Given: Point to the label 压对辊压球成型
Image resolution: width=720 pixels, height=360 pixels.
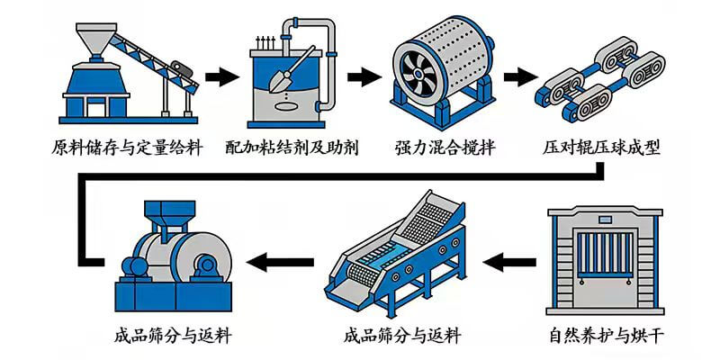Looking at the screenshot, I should coord(602,148).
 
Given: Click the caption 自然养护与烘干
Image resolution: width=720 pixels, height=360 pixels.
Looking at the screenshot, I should coord(608,337).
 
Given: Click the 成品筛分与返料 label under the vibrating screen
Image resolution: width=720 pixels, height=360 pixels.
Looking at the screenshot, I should coord(401,337).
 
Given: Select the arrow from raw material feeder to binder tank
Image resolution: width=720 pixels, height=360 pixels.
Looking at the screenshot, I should coord(219,76).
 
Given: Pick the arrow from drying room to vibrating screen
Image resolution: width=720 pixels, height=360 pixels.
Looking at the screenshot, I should coord(515,263).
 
